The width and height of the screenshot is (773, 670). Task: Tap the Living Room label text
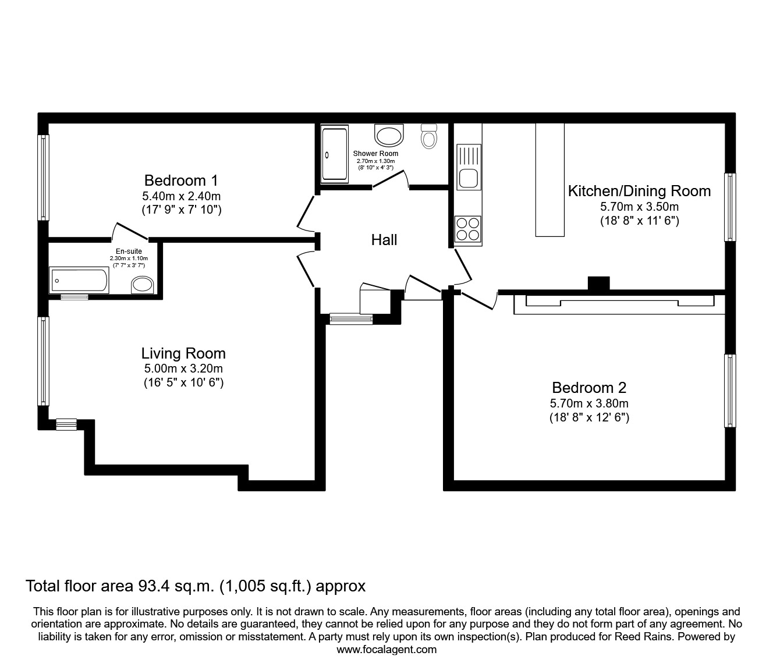183,353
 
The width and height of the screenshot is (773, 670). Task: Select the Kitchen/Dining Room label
639,191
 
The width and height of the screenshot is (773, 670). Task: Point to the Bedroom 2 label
589,388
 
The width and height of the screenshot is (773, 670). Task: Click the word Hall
384,240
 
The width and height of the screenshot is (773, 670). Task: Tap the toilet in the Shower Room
429,136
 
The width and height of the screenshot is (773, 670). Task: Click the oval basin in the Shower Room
389,136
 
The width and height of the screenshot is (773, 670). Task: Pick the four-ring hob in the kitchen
468,228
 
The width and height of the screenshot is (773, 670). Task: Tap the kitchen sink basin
468,178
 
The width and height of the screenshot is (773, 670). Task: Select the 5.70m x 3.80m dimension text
589,403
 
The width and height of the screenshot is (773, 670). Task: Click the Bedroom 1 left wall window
43,178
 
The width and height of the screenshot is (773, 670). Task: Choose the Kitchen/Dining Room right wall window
730,207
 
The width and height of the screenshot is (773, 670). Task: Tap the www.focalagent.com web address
386,650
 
